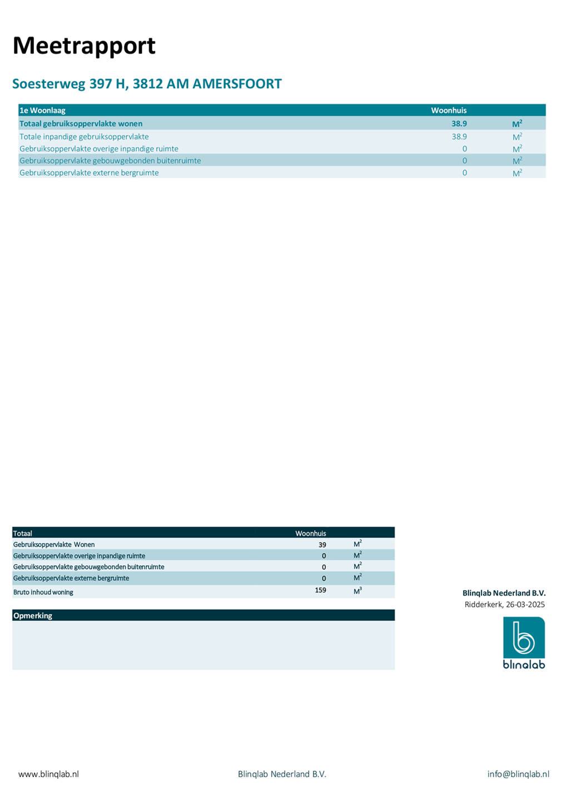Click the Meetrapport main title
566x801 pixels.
[x=84, y=46]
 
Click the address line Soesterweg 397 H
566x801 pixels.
[x=147, y=84]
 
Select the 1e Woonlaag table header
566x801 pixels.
[x=43, y=110]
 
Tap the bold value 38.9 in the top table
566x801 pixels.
[x=459, y=123]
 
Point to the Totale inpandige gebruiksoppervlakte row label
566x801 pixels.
[x=84, y=136]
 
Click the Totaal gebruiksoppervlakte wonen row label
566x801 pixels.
[x=81, y=123]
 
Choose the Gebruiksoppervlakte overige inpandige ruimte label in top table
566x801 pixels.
[x=99, y=149]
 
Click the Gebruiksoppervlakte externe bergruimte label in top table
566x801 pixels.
[x=89, y=172]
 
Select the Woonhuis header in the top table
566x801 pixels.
[x=449, y=110]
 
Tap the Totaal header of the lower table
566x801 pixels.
[x=23, y=533]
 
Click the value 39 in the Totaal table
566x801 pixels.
[x=322, y=545]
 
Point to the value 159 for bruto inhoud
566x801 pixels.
[x=320, y=590]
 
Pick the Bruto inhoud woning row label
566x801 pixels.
[x=43, y=592]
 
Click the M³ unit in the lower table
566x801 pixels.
[x=358, y=591]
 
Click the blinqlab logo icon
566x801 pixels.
[x=524, y=638]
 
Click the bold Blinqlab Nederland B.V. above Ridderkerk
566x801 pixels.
[x=504, y=593]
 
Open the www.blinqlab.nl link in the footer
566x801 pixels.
[x=48, y=774]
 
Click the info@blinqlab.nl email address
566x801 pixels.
[x=518, y=774]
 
